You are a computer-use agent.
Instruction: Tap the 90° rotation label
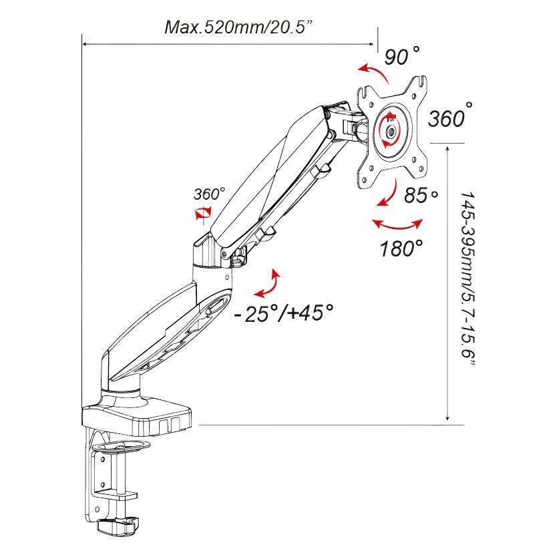tap(403, 56)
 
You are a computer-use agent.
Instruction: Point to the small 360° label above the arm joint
tap(209, 194)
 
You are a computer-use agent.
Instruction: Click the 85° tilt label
tap(421, 196)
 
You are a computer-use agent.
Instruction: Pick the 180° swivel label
tap(401, 248)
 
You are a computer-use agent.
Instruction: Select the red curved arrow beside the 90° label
tap(372, 71)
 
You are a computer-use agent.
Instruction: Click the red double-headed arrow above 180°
tap(397, 223)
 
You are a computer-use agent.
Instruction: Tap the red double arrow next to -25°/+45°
tap(268, 283)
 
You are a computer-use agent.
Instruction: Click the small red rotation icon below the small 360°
tap(202, 212)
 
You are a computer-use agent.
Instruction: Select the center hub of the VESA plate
tap(389, 131)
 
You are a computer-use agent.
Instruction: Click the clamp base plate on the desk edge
tap(137, 415)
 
